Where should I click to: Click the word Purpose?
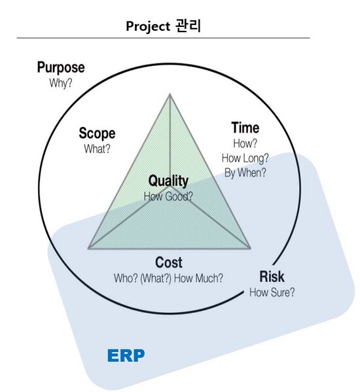61,68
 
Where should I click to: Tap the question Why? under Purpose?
61,83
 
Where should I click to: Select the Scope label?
97,134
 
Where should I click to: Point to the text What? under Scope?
97,149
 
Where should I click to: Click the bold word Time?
245,128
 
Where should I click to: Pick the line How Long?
245,158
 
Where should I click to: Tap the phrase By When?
245,173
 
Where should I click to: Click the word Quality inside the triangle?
168,181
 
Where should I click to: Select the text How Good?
168,195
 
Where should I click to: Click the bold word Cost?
169,263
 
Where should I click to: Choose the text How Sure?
272,292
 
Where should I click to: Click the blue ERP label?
126,356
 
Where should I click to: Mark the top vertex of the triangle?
170,94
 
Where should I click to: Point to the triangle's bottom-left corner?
88,248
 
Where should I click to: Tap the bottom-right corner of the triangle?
251,248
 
